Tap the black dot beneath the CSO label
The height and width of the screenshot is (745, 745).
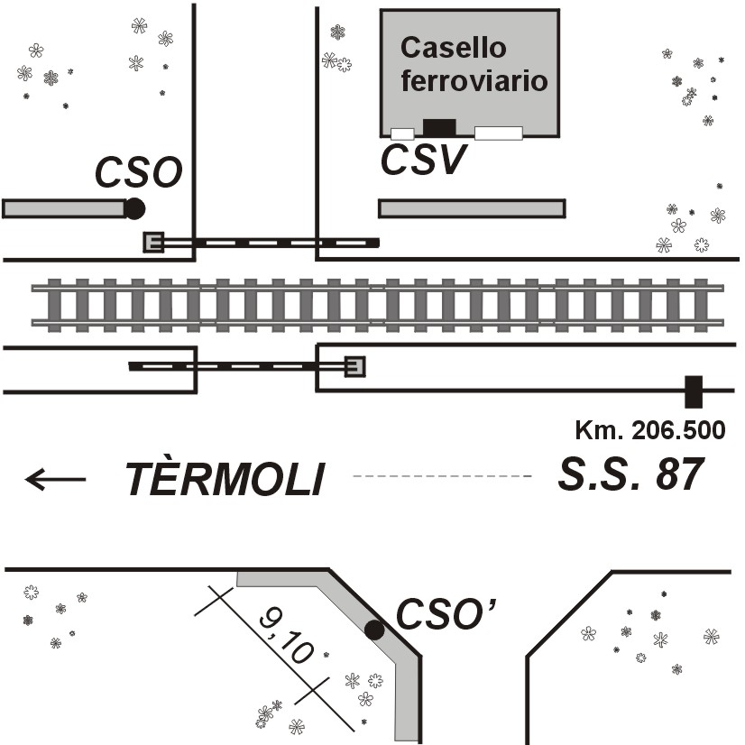[134, 208]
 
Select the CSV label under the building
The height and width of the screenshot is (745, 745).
[422, 161]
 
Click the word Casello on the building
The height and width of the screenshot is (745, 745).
[454, 49]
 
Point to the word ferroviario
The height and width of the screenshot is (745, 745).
[474, 80]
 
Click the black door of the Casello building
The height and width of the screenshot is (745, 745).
[440, 127]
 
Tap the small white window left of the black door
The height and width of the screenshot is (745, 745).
[402, 133]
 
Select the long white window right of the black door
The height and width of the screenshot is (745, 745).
[498, 133]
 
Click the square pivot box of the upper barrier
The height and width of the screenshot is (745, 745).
[153, 242]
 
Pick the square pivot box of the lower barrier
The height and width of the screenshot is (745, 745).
[354, 366]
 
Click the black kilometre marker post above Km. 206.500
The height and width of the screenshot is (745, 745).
[693, 391]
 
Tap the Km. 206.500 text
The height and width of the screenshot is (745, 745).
[649, 429]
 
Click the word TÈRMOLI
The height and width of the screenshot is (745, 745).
[225, 479]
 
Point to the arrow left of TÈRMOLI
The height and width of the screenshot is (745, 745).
[56, 479]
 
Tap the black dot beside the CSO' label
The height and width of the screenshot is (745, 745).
[374, 630]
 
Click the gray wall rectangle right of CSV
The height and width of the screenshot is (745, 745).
[472, 208]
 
